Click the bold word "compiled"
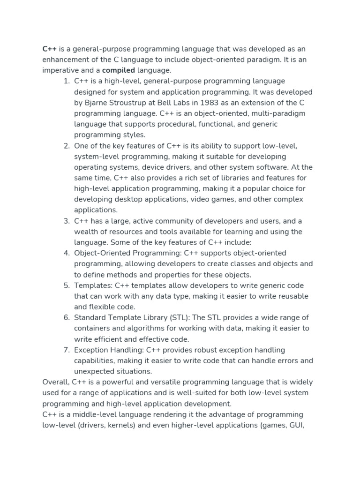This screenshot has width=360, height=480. pos(118,70)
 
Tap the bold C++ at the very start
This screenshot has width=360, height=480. pos(49,49)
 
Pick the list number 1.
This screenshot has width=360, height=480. pos(66,81)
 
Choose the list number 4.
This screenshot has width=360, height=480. pos(66,253)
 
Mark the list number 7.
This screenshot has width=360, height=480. pos(66,350)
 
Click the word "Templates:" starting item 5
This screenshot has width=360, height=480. pos(91,285)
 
